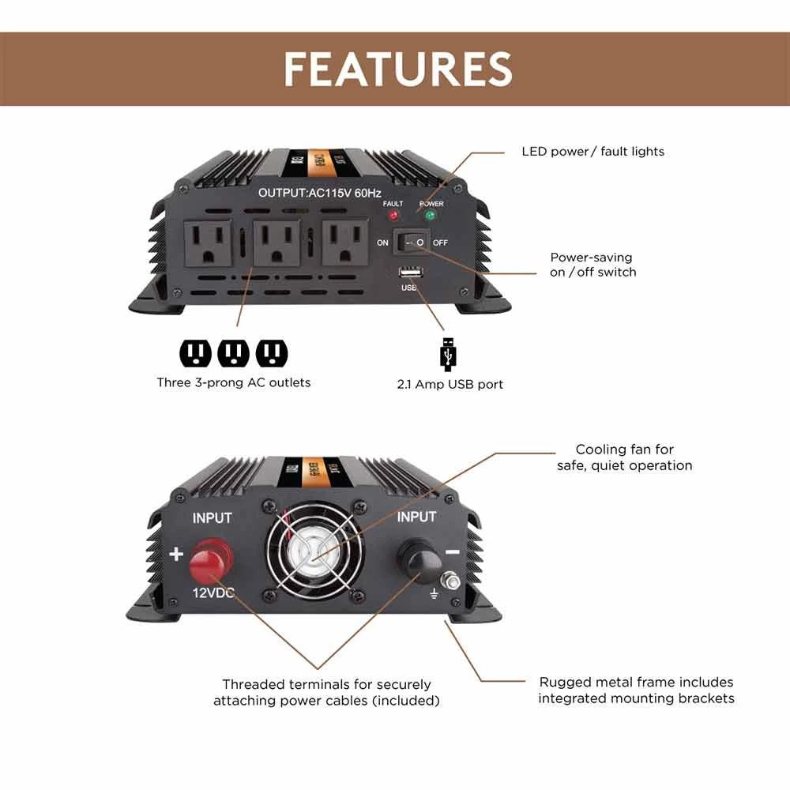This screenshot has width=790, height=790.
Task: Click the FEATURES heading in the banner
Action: click(x=397, y=69)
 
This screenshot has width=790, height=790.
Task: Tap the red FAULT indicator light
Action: click(x=393, y=215)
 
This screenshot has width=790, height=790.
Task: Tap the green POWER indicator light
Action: click(x=431, y=215)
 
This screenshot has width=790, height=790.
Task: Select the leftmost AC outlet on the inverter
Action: click(x=208, y=244)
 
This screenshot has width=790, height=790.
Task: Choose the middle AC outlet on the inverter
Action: click(x=276, y=244)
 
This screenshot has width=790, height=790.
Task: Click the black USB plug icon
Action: click(x=447, y=355)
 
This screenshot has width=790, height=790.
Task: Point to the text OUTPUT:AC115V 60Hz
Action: click(x=320, y=193)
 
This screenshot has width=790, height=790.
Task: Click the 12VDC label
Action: click(x=212, y=592)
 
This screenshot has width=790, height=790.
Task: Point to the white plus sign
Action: click(x=176, y=554)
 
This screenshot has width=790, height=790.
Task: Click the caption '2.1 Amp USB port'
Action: click(x=450, y=385)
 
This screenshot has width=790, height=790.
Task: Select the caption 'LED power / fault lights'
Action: click(x=592, y=151)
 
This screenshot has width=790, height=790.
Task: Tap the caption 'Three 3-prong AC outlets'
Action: click(x=233, y=383)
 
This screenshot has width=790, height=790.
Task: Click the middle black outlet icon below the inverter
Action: click(x=233, y=353)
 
